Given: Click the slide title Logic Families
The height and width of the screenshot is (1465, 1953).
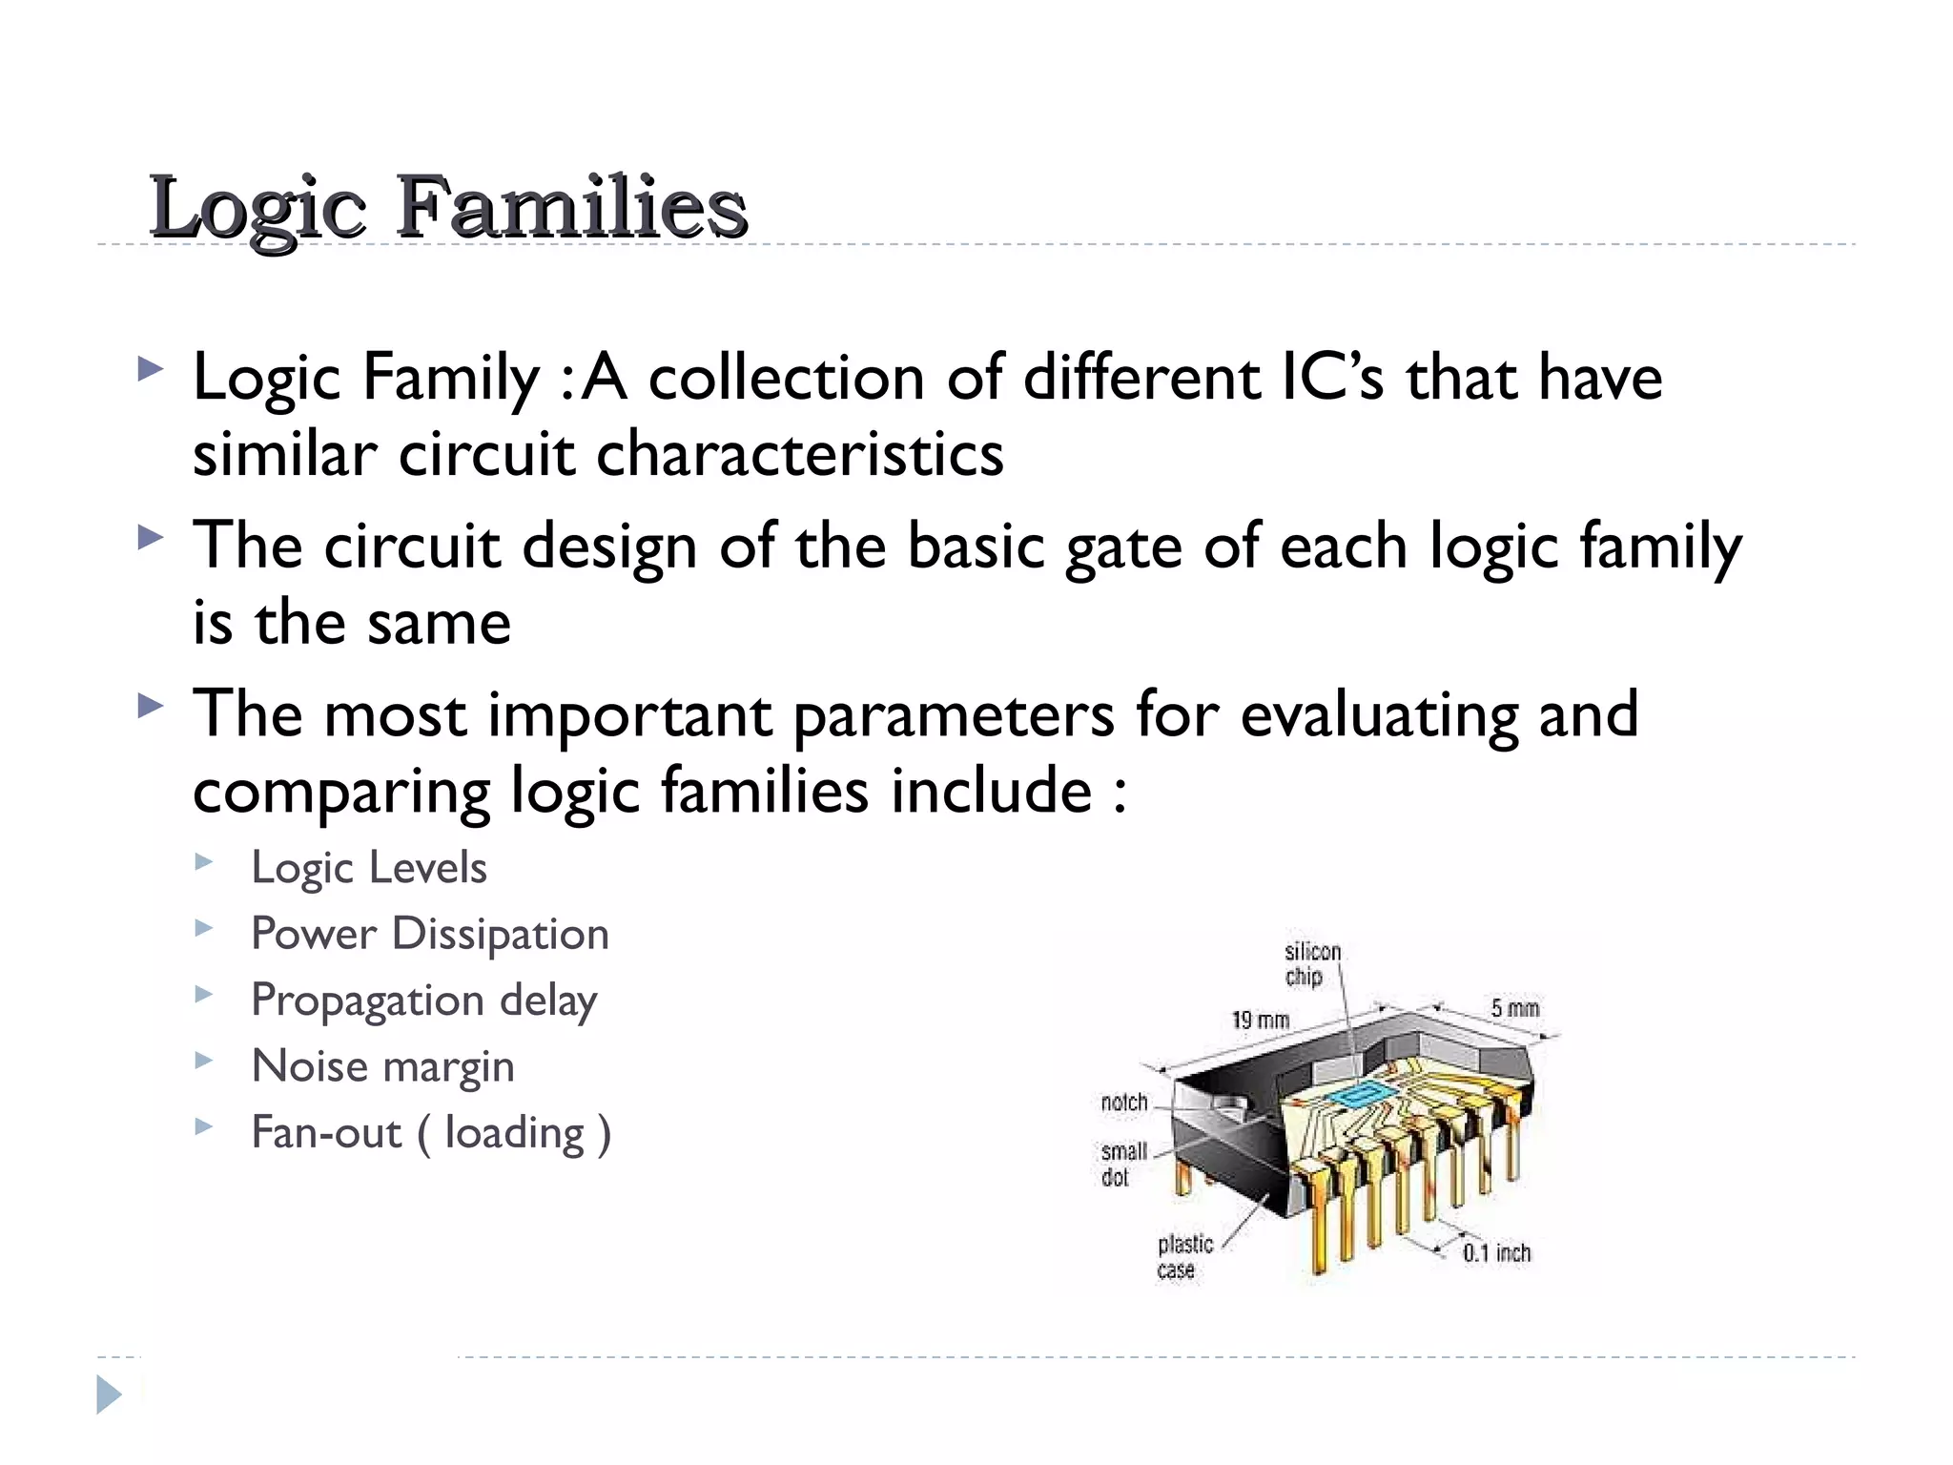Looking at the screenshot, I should coord(448,207).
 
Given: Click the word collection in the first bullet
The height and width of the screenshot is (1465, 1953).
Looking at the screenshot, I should coord(786,377).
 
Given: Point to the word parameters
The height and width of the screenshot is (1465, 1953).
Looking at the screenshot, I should coord(953,715).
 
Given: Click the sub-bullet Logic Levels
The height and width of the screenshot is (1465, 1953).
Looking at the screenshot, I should coord(368,868).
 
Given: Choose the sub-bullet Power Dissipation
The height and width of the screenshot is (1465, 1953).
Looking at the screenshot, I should coord(429,934).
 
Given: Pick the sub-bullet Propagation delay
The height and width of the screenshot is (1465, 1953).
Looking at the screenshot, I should coord(423,1001).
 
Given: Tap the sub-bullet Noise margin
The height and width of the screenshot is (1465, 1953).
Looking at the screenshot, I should coord(382,1066).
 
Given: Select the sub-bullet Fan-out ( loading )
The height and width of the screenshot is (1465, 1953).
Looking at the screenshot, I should coord(430,1133).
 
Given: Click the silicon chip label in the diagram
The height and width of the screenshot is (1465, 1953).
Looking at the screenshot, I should coord(1311,964).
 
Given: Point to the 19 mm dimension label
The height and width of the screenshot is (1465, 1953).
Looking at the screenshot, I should coord(1260,1021).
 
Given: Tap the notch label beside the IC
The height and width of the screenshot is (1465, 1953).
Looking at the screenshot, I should coord(1123,1103).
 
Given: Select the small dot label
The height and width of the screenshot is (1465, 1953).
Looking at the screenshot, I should coord(1122,1165).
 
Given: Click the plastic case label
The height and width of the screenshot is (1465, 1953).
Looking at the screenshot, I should coord(1183,1257).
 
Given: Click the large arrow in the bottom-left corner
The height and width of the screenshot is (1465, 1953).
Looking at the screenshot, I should coord(110,1394).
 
